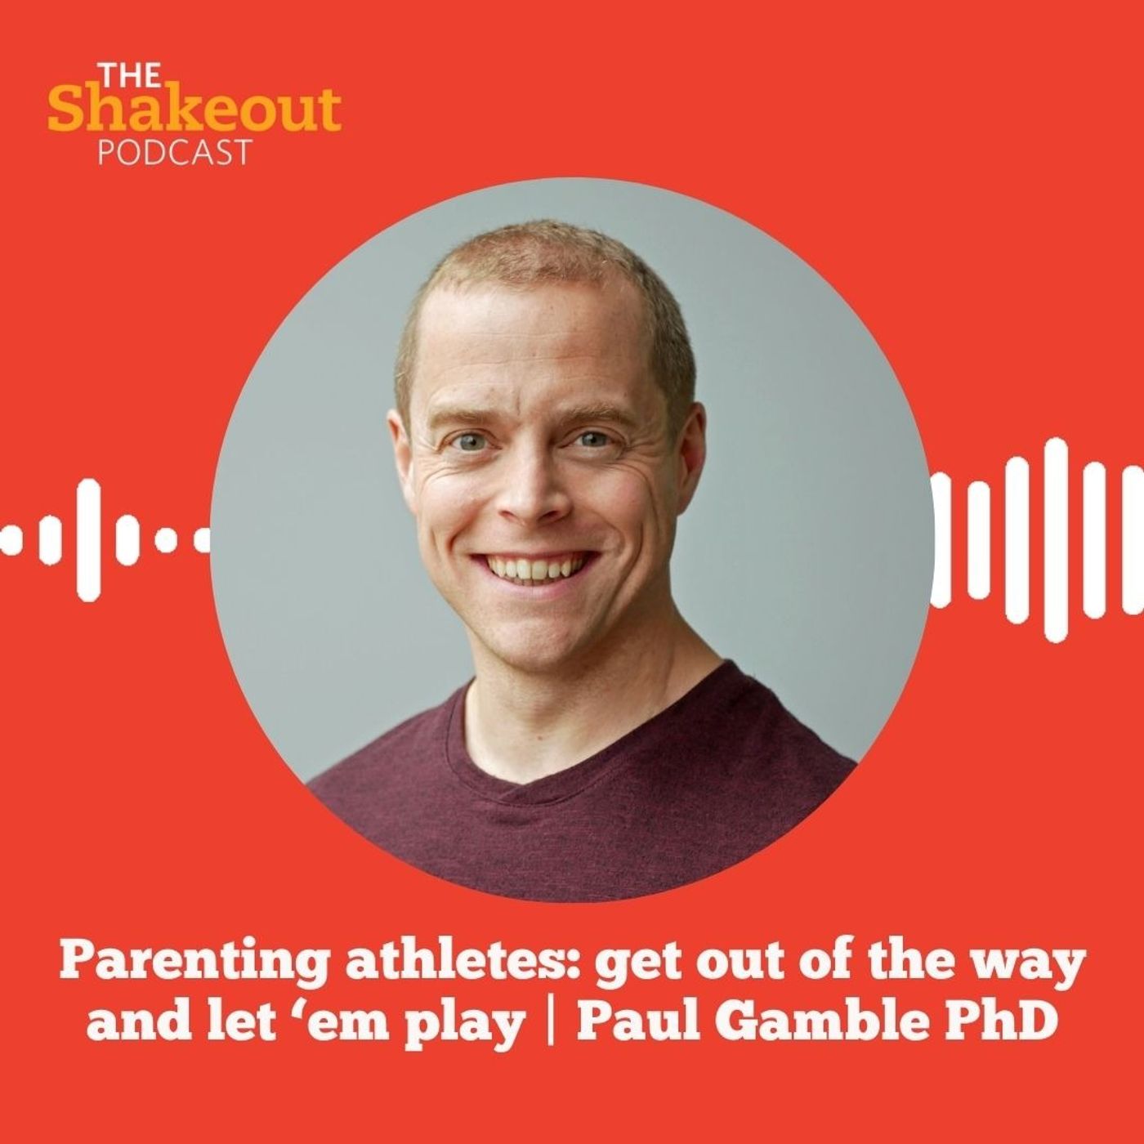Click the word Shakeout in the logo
point(194,109)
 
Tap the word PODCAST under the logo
point(174,152)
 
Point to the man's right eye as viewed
point(593,439)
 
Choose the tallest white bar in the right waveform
point(1057,540)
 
